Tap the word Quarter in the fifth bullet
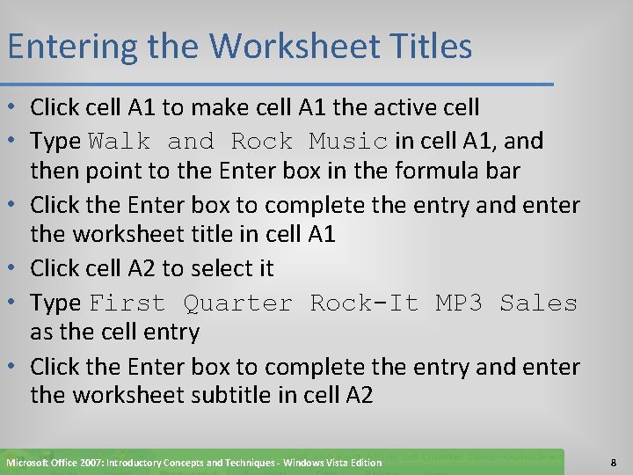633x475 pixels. tap(237, 303)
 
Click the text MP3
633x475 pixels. tap(459, 303)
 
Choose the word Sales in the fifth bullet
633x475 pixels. tap(538, 303)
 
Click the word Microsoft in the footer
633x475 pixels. tap(31, 463)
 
